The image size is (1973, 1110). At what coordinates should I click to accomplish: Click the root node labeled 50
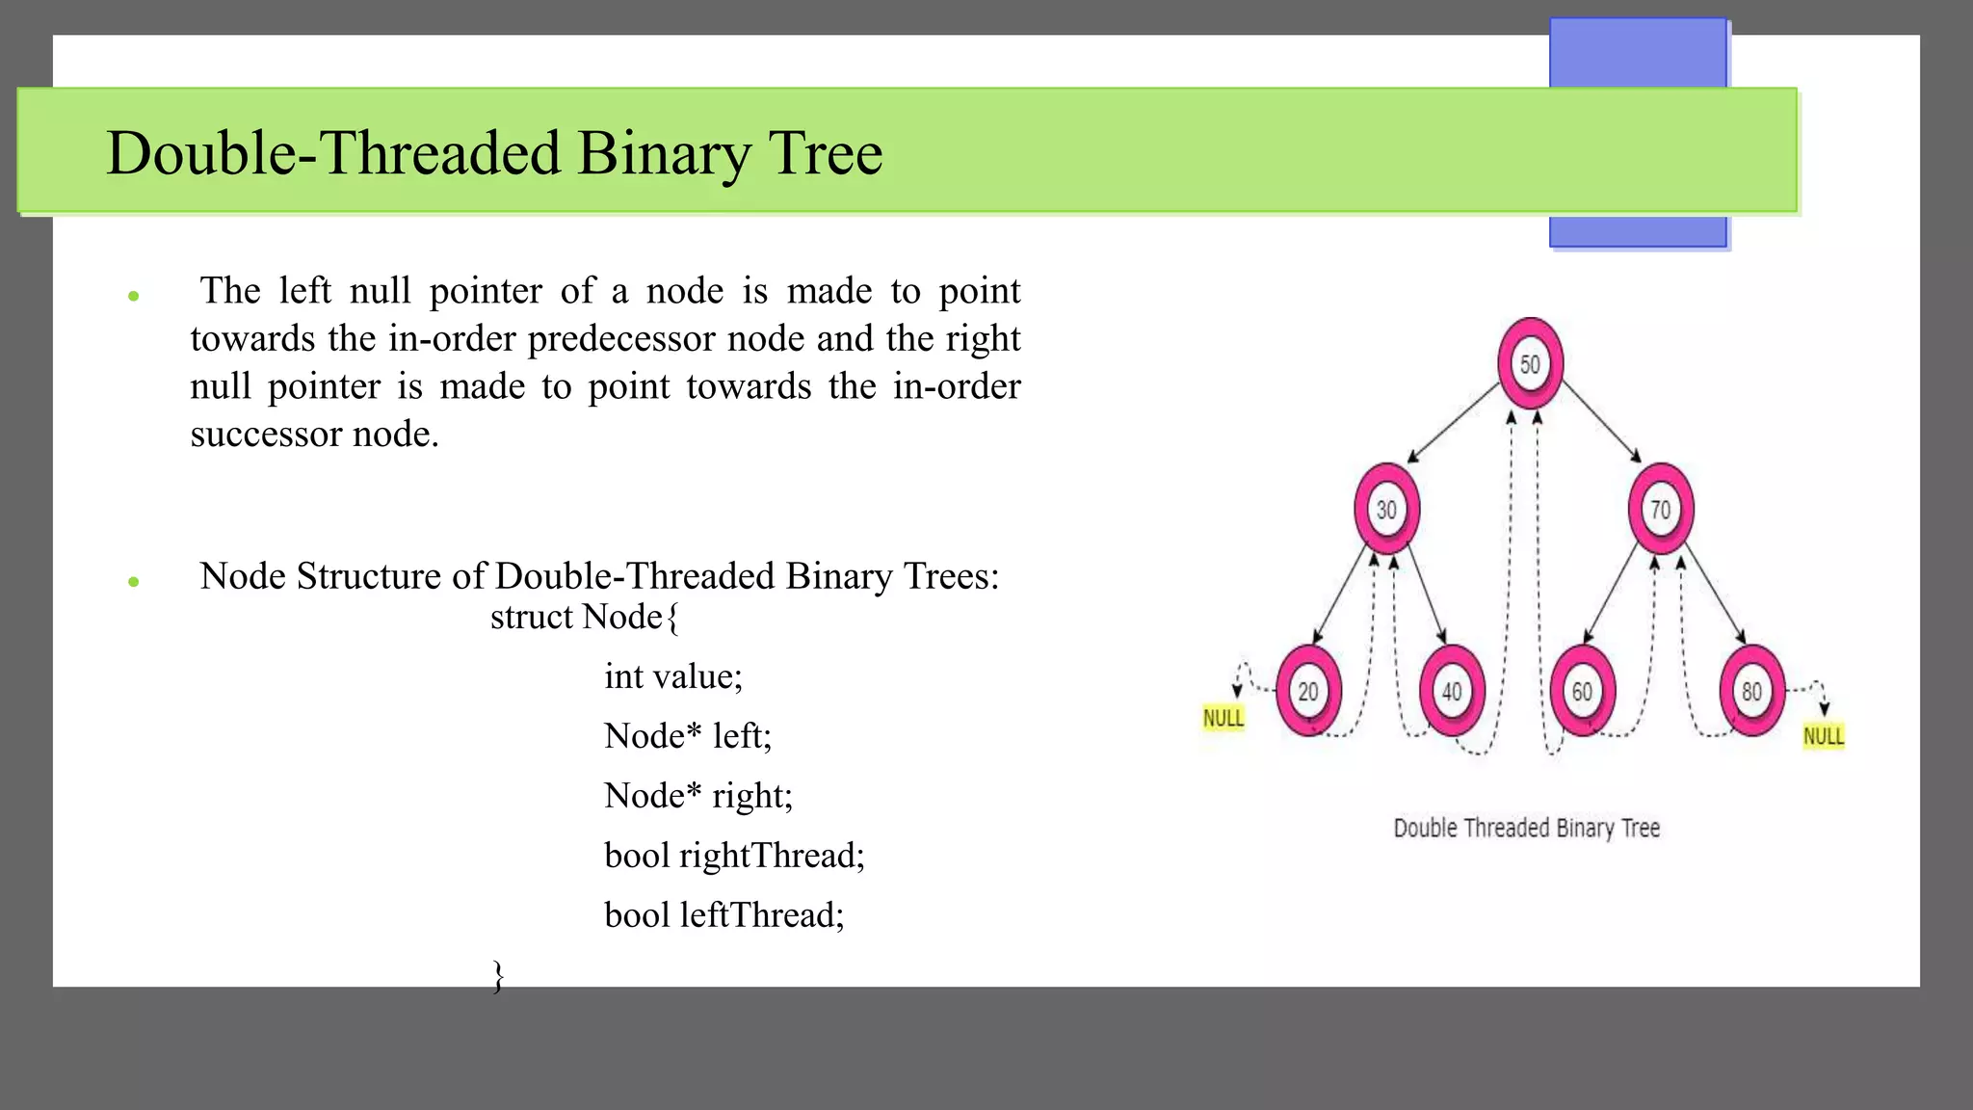coord(1530,363)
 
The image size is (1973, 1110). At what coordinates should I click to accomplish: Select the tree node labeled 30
coord(1386,509)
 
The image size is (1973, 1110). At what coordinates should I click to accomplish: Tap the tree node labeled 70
coord(1661,509)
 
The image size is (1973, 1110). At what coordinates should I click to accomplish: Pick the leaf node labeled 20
coord(1308,691)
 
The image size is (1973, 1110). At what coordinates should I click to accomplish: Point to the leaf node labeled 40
coord(1452,691)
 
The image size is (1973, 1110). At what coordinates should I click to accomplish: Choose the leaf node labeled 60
coord(1582,691)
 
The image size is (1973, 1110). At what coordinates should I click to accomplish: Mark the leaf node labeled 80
coord(1751,691)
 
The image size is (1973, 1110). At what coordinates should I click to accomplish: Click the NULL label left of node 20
coord(1223,718)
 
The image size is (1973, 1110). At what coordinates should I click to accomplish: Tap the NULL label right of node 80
coord(1824,736)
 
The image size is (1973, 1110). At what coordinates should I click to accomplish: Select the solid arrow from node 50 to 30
coord(1455,422)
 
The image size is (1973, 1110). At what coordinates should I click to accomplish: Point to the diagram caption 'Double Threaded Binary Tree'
coord(1526,828)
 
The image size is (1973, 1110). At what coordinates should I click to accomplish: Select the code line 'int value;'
coord(673,676)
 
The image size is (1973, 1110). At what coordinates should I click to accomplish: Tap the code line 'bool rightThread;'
coord(734,856)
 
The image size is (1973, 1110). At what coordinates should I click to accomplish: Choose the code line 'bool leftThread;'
coord(723,915)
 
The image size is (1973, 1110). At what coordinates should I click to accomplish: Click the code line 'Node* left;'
coord(688,736)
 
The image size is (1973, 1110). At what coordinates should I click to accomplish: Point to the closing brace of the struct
coord(498,975)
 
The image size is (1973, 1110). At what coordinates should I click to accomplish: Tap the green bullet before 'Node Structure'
coord(134,581)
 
